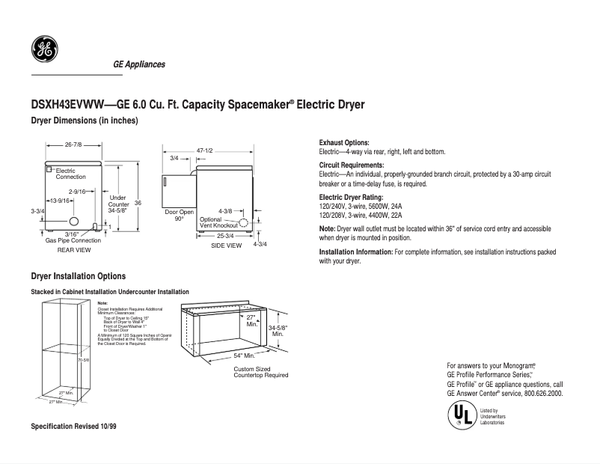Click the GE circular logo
(43, 49)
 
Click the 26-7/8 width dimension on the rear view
(73, 144)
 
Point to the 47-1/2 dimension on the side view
(205, 151)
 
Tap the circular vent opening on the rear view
(73, 222)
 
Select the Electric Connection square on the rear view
(49, 171)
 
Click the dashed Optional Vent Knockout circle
(243, 222)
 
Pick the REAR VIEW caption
(73, 250)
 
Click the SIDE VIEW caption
(226, 245)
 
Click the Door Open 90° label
(180, 216)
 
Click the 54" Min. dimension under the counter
(244, 355)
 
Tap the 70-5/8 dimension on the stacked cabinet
(85, 360)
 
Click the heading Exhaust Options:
(344, 142)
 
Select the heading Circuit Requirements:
(352, 165)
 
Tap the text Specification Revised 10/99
(73, 425)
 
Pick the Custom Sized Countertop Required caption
(260, 372)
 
